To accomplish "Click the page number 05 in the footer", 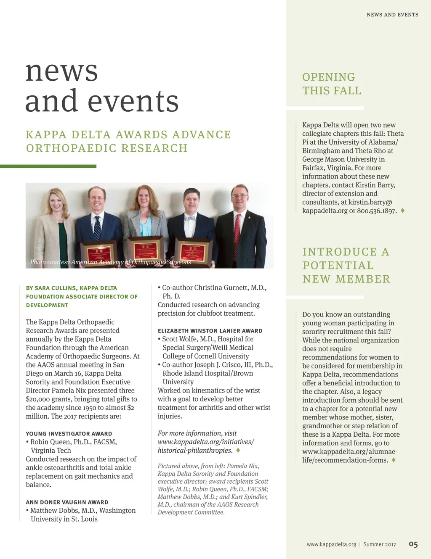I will tap(413, 544).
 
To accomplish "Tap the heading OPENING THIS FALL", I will tap(332, 84).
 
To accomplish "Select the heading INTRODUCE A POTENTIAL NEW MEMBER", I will tap(346, 265).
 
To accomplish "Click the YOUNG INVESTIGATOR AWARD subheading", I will tap(69, 434).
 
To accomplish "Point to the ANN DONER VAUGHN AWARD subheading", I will tap(67, 502).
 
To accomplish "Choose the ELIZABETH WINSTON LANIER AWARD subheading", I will tap(210, 331).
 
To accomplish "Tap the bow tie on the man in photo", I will tap(189, 218).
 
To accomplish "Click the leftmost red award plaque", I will tap(99, 253).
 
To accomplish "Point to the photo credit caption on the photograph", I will tap(110, 262).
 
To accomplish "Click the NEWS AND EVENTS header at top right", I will tap(392, 15).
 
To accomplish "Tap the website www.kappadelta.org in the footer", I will tap(331, 545).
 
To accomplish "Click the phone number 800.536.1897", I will tap(377, 211).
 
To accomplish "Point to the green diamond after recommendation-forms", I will tap(394, 460).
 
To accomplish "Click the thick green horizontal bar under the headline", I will tap(48, 166).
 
